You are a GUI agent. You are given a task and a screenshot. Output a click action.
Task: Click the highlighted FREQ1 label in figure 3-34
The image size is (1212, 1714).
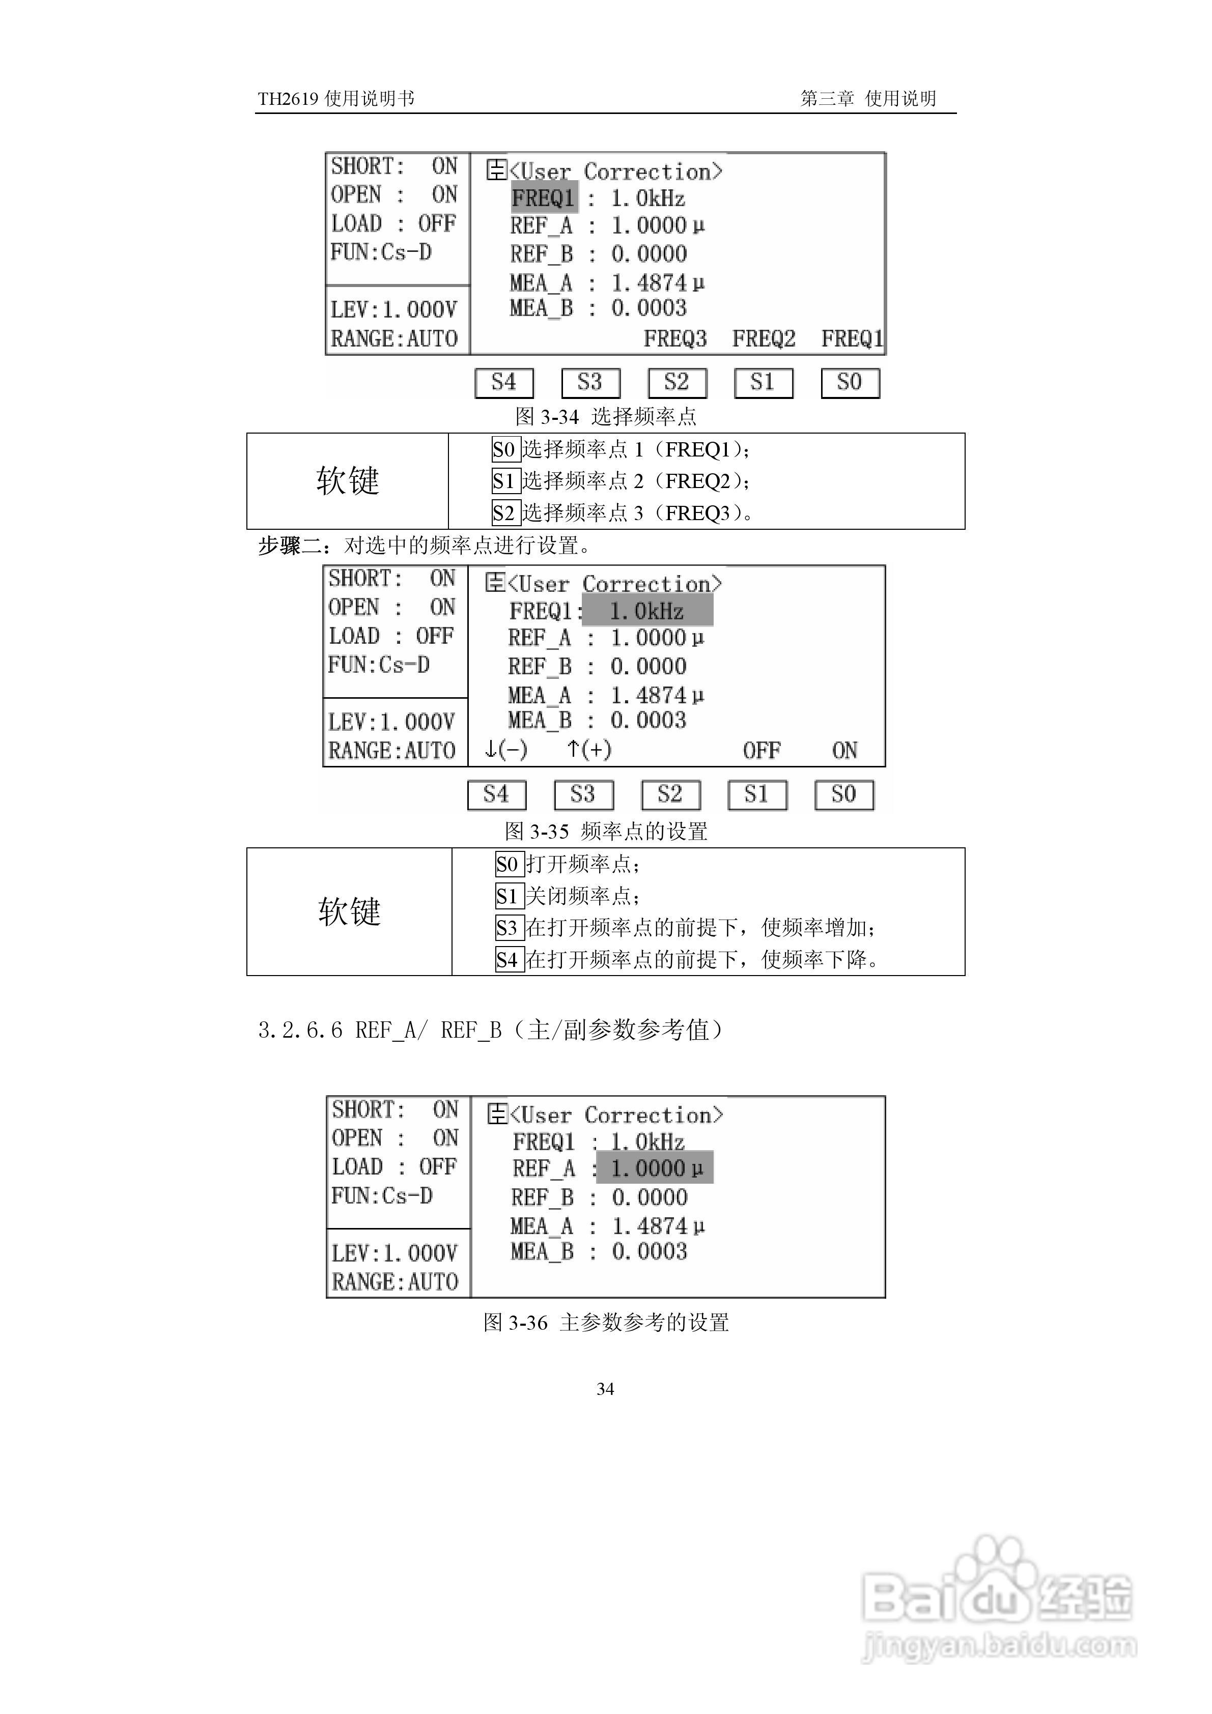coord(544,198)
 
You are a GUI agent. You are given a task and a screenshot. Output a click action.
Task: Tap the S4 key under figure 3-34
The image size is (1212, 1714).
coord(504,383)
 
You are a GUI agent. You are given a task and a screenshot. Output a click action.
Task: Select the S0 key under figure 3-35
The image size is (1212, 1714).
coord(844,794)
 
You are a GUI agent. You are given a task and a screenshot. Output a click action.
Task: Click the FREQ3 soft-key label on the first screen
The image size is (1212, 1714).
coord(675,339)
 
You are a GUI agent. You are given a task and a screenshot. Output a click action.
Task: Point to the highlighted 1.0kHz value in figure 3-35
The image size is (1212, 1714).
coord(646,611)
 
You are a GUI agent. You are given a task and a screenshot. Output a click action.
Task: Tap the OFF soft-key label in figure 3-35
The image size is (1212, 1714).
coord(761,750)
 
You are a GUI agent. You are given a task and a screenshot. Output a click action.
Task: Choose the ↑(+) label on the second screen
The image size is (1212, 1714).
coord(588,749)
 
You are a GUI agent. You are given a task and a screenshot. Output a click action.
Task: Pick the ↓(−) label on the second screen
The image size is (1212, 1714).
coord(505,749)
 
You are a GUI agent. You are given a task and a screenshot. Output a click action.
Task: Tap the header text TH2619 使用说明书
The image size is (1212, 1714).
coord(335,99)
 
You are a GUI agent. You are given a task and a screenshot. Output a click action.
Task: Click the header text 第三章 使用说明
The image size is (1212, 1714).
coord(868,99)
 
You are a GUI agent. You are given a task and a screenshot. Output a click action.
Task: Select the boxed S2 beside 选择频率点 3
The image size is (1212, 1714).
coord(505,513)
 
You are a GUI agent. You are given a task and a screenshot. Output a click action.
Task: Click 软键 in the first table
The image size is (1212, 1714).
coord(347,481)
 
